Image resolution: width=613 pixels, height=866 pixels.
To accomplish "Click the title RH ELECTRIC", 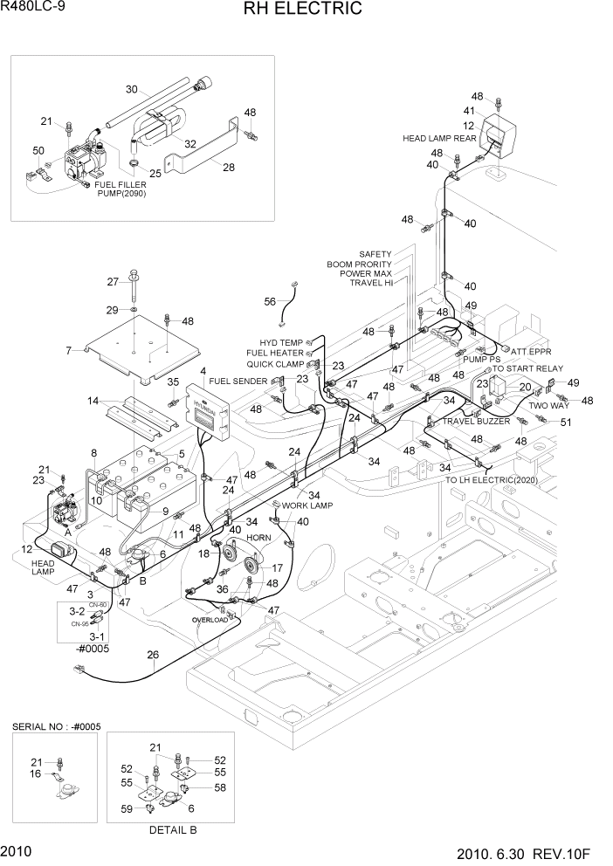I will [306, 10].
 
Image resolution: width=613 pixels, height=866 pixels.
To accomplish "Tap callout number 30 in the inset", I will [132, 89].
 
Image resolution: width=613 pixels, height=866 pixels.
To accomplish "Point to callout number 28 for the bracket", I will [229, 168].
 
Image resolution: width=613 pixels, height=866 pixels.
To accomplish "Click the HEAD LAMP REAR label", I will [439, 138].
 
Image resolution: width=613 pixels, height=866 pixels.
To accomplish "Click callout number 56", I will [270, 301].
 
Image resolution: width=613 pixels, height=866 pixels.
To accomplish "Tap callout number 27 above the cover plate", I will [112, 281].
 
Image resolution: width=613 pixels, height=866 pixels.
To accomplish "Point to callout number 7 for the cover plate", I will [68, 351].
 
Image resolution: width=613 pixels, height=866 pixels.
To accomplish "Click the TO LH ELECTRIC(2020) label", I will [492, 480].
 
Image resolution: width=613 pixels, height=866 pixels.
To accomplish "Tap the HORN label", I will [258, 538].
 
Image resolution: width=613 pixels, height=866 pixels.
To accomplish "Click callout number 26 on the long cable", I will [153, 655].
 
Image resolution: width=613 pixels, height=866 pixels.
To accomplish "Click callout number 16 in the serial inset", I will [36, 773].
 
